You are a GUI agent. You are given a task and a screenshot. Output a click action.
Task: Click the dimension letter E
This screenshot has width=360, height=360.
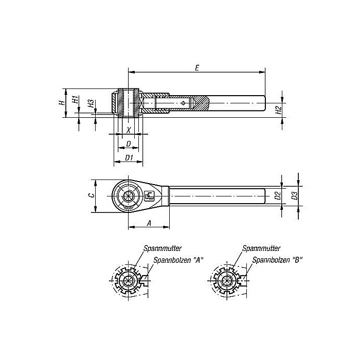pos(197,67)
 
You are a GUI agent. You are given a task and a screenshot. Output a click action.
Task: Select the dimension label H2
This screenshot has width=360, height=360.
pos(278,110)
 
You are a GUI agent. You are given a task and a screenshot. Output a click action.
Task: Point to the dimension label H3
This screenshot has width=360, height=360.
pos(91,103)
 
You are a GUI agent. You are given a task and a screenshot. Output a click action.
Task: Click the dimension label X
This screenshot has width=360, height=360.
pos(129,131)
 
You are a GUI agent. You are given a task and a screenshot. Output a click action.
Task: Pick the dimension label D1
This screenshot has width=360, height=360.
pos(129,158)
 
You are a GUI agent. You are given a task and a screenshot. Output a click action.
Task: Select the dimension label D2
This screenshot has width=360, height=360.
pos(278,195)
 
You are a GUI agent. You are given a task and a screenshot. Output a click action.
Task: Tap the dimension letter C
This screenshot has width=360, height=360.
pos(90,195)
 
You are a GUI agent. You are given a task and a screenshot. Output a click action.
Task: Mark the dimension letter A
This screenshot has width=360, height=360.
pos(149,223)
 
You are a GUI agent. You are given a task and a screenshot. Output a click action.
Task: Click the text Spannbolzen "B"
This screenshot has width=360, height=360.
pos(277,260)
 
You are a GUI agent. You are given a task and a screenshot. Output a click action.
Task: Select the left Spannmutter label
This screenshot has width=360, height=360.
pos(160,248)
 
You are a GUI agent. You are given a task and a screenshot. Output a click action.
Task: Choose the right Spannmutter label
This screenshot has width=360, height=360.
pos(260,248)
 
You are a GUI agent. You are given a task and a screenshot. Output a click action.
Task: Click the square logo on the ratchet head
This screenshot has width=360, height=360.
pos(150,196)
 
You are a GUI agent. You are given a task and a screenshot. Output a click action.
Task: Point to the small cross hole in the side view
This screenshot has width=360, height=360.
pos(184,103)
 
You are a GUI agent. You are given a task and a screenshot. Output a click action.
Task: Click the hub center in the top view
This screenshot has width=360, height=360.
pos(129,196)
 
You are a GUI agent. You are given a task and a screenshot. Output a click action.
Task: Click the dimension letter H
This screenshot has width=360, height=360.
pos(61,103)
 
